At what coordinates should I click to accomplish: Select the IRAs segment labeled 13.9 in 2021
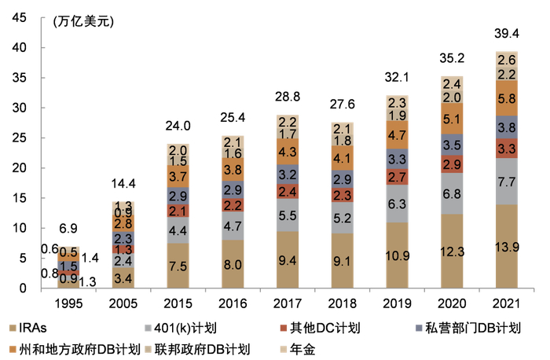pyautogui.click(x=506, y=247)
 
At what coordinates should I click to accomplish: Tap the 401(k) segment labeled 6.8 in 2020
pyautogui.click(x=452, y=193)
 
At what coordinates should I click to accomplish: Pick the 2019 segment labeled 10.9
pyautogui.click(x=398, y=257)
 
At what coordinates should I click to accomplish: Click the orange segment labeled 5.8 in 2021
pyautogui.click(x=506, y=99)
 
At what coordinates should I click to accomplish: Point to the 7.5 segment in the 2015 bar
pyautogui.click(x=178, y=266)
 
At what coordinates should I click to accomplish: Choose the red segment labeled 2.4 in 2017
pyautogui.click(x=288, y=191)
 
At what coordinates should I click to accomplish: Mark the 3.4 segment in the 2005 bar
pyautogui.click(x=123, y=278)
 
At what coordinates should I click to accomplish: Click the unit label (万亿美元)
pyautogui.click(x=83, y=21)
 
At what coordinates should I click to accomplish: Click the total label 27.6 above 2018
pyautogui.click(x=343, y=103)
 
